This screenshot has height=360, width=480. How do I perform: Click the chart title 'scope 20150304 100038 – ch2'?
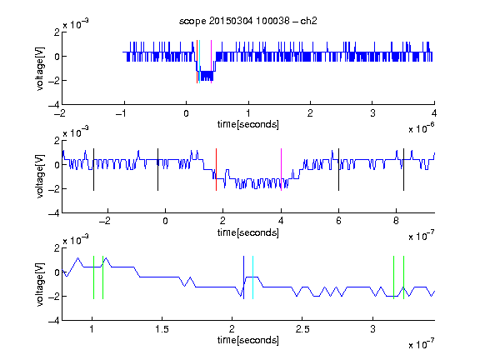248,21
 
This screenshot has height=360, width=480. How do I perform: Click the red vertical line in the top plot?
197,62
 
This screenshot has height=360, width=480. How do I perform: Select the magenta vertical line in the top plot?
211,62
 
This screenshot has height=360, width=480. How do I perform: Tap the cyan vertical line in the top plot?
200,62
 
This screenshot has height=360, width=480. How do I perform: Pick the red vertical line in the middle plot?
216,170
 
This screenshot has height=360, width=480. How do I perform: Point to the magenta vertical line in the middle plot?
282,170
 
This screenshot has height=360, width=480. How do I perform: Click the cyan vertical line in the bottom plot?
252,277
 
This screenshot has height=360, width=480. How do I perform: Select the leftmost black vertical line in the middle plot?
93,170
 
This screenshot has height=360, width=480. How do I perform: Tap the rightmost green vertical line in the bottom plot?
404,277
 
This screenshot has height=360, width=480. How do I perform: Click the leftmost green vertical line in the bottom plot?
93,277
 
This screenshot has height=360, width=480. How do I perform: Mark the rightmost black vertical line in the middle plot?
404,170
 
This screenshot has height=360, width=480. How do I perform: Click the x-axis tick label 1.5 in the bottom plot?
162,329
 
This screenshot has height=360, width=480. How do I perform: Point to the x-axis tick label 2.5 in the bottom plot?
302,329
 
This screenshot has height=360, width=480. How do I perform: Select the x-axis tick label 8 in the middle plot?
396,221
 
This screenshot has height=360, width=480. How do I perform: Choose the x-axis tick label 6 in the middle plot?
338,221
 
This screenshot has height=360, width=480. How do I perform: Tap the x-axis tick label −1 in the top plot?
121,113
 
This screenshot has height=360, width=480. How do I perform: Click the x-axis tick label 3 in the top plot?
372,113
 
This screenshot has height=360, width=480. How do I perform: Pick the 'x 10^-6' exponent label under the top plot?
422,128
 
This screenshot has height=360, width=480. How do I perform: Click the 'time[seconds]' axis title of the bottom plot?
248,340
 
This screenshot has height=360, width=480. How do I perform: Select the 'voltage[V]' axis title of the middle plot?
40,177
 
